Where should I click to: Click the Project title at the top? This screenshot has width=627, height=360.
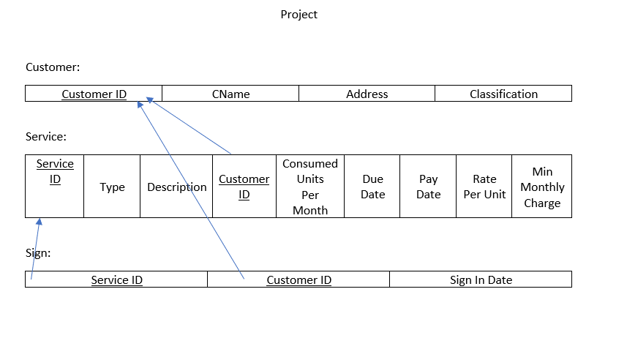(299, 15)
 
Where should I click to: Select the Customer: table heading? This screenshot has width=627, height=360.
(53, 67)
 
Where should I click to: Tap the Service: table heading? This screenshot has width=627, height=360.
(46, 137)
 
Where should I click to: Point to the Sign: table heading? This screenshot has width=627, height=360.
(38, 253)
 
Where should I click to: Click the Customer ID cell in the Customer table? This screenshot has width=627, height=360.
(94, 94)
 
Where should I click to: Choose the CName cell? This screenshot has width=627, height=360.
(230, 94)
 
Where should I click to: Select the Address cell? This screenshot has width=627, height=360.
(367, 94)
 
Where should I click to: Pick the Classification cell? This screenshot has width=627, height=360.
(503, 94)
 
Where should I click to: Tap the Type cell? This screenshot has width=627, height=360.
(112, 187)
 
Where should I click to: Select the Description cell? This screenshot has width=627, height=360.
(176, 187)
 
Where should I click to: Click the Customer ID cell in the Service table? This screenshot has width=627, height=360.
(244, 187)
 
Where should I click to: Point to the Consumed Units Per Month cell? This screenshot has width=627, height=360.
(310, 187)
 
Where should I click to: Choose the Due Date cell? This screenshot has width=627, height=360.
(372, 187)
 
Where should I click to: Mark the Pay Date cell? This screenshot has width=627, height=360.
(428, 187)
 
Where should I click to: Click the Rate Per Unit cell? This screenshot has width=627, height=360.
(484, 187)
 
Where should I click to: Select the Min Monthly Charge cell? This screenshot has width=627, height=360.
(542, 187)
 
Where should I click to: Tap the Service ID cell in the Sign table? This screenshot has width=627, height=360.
(116, 280)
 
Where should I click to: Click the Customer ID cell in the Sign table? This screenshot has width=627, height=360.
(299, 280)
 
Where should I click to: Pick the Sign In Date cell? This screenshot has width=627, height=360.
(481, 280)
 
